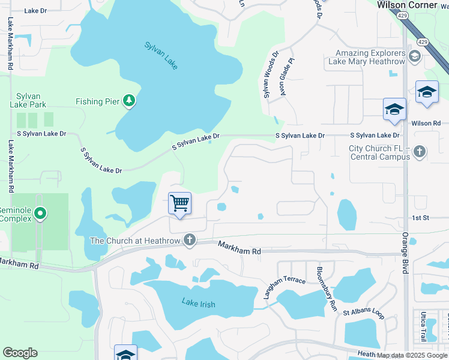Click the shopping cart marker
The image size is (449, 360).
pyautogui.click(x=179, y=204)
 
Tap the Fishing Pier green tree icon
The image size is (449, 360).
pyautogui.click(x=128, y=101)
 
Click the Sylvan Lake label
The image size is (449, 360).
pyautogui.click(x=161, y=55)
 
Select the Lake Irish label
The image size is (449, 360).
pyautogui.click(x=199, y=304)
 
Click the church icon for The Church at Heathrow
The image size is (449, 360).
pyautogui.click(x=190, y=241)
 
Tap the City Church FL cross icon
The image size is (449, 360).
pyautogui.click(x=420, y=152)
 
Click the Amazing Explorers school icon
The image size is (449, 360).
pyautogui.click(x=414, y=57)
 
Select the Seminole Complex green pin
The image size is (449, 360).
pyautogui.click(x=40, y=213)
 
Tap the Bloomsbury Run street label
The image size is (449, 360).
pyautogui.click(x=327, y=288)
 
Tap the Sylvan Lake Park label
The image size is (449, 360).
pyautogui.click(x=28, y=100)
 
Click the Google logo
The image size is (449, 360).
pyautogui.click(x=20, y=353)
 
